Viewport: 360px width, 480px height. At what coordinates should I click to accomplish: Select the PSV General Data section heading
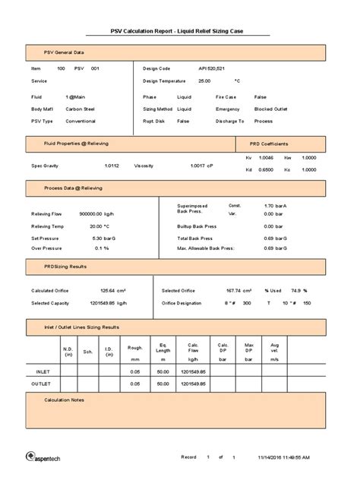click(x=63, y=52)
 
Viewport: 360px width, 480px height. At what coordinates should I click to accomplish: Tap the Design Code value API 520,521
click(x=210, y=68)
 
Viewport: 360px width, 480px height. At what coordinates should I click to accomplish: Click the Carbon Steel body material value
click(x=80, y=109)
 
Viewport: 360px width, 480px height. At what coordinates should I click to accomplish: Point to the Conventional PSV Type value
click(x=81, y=121)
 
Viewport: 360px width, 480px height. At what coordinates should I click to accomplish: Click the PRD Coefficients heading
click(x=269, y=144)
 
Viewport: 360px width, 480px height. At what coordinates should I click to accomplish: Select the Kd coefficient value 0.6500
click(x=266, y=169)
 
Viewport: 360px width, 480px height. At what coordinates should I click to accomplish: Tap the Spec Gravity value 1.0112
click(x=112, y=165)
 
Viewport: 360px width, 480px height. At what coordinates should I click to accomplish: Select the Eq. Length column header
click(x=163, y=348)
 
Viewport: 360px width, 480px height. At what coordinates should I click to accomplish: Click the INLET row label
click(x=44, y=372)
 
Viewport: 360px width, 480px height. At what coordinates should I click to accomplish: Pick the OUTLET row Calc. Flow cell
click(x=194, y=384)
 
